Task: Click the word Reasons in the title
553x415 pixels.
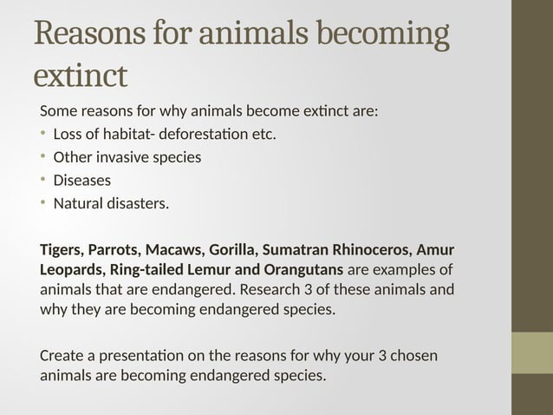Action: (88, 36)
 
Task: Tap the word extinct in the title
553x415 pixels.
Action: (80, 76)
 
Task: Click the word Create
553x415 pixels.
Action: (62, 357)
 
